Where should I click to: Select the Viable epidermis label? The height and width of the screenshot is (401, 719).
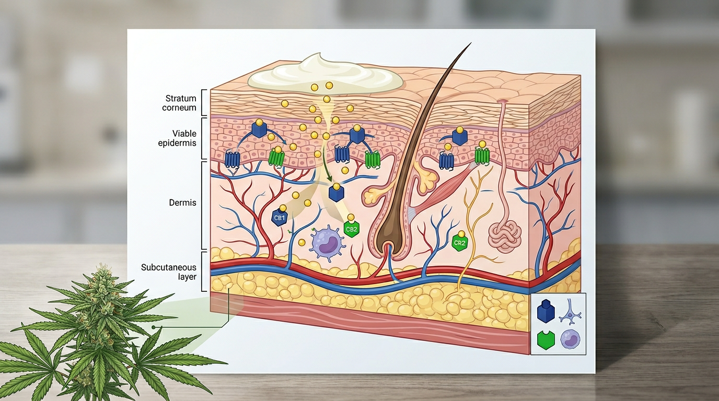(x=177, y=138)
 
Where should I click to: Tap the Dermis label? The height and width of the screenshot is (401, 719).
(x=183, y=202)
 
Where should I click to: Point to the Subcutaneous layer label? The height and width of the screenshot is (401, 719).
(x=169, y=272)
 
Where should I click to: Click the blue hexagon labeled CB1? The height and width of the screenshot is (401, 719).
(x=280, y=218)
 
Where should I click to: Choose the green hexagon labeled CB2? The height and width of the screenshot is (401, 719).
(x=351, y=229)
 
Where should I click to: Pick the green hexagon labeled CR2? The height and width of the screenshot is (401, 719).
(x=460, y=243)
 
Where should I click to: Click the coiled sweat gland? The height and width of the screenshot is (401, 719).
(x=505, y=235)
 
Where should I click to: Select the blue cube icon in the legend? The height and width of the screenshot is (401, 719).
(x=546, y=312)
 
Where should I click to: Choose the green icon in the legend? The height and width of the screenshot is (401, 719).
(x=546, y=340)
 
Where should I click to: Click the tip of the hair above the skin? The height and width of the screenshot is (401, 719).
(x=470, y=44)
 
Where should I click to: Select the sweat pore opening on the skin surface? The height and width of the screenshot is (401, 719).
(x=503, y=101)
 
